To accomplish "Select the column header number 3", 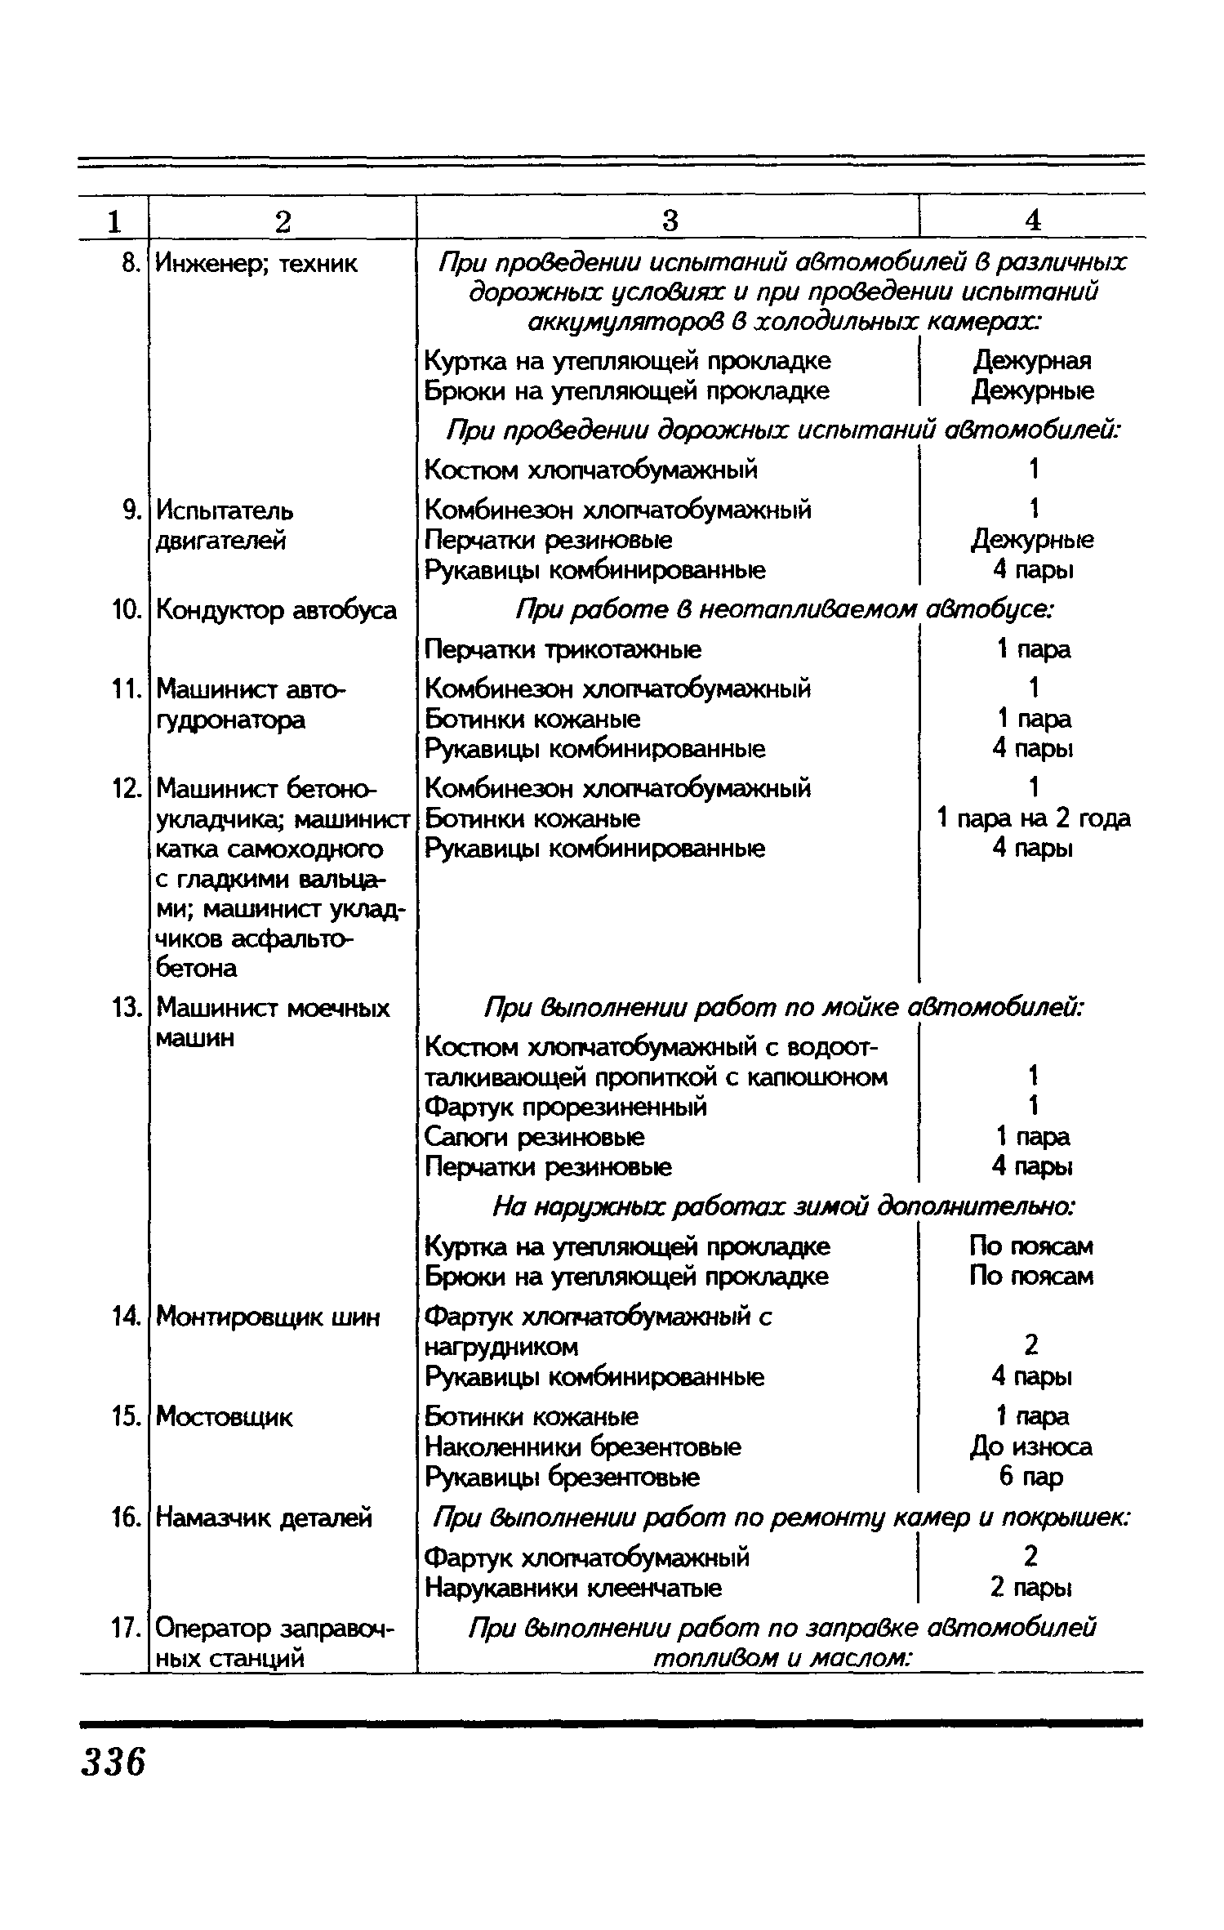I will click(x=669, y=221).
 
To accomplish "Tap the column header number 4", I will click(x=1033, y=221).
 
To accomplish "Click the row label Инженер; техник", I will click(x=256, y=264).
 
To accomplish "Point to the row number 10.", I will click(x=127, y=610).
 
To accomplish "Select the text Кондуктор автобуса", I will click(x=276, y=610).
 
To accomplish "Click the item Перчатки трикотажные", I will click(x=563, y=650).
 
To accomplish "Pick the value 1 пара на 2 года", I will click(x=1034, y=818).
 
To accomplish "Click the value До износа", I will click(x=1030, y=1447).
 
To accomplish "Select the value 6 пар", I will click(x=1030, y=1477).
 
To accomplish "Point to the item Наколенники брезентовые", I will click(x=583, y=1447).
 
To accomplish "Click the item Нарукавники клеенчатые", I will click(x=573, y=1589).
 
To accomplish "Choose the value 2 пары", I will click(x=1030, y=1589).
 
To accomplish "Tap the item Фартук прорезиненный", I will click(x=566, y=1108).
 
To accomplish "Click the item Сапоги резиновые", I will click(x=535, y=1137).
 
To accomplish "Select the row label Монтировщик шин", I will click(x=267, y=1317).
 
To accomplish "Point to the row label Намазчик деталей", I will click(x=264, y=1518).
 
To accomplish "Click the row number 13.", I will click(x=127, y=1009).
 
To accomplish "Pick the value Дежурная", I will click(x=1033, y=361).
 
